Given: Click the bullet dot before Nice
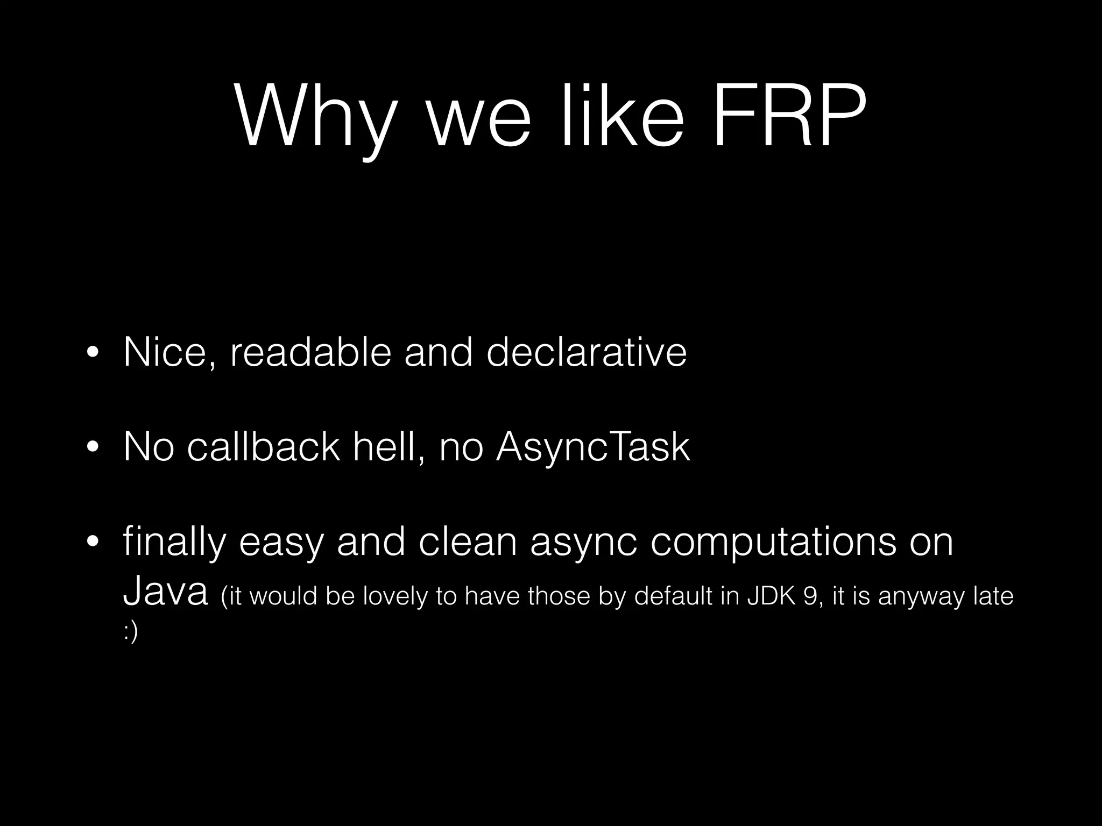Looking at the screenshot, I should [93, 354].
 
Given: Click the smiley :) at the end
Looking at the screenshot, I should [131, 632].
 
